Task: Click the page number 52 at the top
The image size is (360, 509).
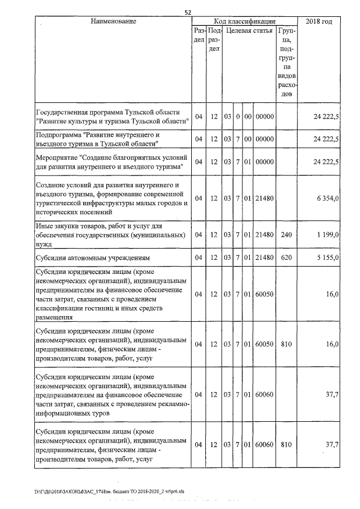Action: tap(188, 12)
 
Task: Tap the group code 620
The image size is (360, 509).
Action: tap(286, 257)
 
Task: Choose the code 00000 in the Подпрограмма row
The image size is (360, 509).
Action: tap(264, 139)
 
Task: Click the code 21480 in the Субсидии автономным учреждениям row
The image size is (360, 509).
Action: tap(264, 257)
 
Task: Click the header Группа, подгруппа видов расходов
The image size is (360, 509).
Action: tap(287, 62)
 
